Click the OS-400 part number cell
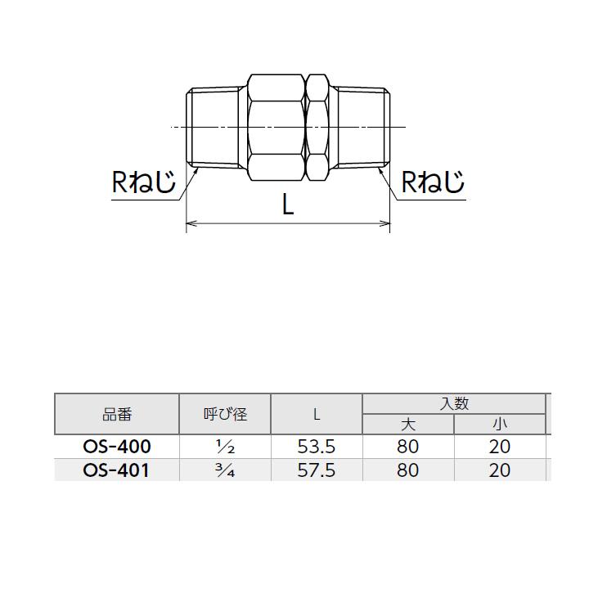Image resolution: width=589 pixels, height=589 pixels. tap(117, 447)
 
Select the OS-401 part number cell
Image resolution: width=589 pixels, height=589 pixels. tap(116, 470)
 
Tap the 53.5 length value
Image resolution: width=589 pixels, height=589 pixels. tap(317, 447)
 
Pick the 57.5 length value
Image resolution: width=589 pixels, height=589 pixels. tap(317, 470)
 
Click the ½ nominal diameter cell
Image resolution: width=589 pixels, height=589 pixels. tap(226, 447)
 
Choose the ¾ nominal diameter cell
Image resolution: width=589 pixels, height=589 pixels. tap(226, 470)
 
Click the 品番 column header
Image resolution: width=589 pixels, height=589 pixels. tap(117, 414)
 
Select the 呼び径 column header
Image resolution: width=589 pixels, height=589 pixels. tap(226, 414)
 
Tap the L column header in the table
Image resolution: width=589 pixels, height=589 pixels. tap(317, 414)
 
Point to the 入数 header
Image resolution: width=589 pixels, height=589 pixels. tap(454, 404)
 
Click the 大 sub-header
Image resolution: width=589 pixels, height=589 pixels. tap(408, 425)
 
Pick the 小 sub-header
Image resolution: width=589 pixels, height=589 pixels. tap(500, 425)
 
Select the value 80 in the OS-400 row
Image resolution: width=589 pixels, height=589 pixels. tap(408, 447)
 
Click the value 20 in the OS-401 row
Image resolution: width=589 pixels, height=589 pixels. tap(500, 470)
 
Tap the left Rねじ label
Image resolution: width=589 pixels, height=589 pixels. tap(144, 182)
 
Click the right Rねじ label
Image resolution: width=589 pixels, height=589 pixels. tap(433, 182)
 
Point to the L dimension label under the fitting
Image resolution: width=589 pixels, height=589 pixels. tap(288, 205)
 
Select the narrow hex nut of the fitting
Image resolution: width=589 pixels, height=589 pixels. tap(317, 128)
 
